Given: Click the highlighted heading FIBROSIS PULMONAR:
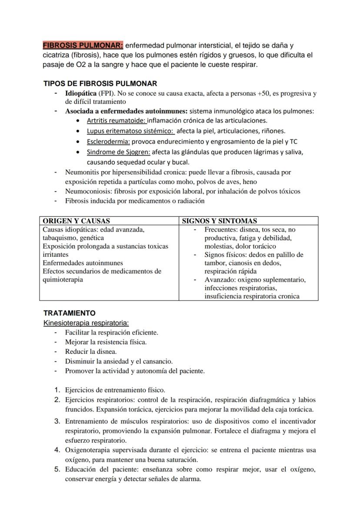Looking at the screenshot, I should click(x=83, y=45).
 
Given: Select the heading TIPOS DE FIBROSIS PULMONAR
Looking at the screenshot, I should click(x=100, y=83).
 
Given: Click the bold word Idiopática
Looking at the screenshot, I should click(x=81, y=93).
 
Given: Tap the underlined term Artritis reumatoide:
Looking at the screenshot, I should click(x=117, y=120).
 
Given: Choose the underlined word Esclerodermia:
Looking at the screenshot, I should click(x=108, y=141).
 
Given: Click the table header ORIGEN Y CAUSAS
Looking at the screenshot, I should click(x=76, y=221).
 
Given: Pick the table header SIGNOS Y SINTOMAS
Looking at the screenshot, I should click(x=219, y=221).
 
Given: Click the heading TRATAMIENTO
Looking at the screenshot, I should click(x=69, y=313).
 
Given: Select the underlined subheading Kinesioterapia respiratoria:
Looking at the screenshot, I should click(x=86, y=323).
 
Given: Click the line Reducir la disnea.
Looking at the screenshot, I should click(x=91, y=352).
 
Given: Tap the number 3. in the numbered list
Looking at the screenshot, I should click(x=57, y=421).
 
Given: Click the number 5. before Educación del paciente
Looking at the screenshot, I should click(x=57, y=469).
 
